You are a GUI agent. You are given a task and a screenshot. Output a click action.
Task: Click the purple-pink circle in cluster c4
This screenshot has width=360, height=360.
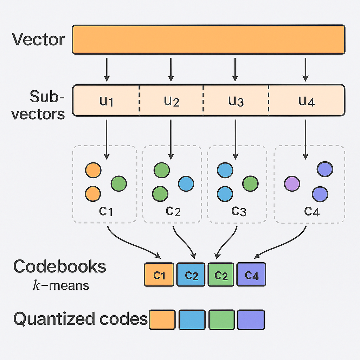pos(292,184)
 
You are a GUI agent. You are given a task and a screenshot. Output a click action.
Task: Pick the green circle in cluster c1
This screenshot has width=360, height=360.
pos(119,184)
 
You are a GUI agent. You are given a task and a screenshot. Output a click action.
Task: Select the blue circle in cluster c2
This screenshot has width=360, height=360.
pos(186,184)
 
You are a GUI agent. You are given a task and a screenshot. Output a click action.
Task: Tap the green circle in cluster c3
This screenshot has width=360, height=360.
pos(250,184)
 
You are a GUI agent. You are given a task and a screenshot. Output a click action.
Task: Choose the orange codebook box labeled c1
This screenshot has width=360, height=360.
pos(159,275)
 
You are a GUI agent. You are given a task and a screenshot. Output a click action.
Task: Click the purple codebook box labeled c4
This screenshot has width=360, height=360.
pos(251,275)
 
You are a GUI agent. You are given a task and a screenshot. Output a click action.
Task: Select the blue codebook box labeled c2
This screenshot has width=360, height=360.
pos(191,275)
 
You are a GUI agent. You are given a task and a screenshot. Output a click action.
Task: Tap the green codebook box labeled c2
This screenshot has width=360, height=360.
pos(221,275)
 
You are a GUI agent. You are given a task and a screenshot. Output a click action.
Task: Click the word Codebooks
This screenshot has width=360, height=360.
pos(60,267)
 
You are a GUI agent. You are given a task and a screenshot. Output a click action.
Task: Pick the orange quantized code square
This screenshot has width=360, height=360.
pos(162,320)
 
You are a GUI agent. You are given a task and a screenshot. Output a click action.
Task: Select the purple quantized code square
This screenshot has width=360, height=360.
pos(251,320)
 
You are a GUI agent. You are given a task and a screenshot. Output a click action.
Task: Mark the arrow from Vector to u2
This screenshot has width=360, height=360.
pos(171,69)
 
